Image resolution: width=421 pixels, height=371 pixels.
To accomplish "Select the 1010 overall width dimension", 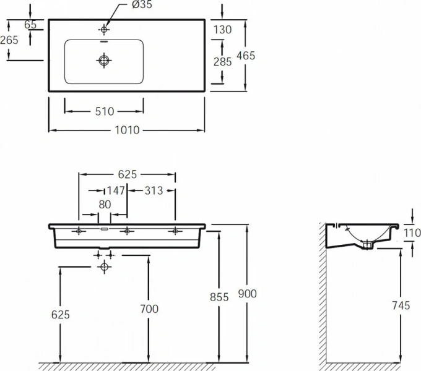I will [126, 130].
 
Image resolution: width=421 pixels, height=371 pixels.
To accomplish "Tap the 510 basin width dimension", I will [105, 111].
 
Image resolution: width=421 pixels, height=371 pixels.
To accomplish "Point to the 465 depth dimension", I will [246, 56].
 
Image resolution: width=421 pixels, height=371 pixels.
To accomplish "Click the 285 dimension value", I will [222, 61].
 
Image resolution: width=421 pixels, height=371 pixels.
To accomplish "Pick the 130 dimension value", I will [222, 29].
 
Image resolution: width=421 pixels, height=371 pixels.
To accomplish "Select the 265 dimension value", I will [9, 40].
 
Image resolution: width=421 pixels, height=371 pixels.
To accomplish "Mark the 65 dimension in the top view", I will [30, 25].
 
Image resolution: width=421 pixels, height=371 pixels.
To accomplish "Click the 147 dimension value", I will [116, 190].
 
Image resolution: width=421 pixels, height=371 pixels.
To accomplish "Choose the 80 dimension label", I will [105, 203].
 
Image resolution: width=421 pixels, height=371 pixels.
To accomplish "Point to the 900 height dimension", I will [246, 294].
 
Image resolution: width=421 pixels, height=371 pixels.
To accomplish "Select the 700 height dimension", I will [149, 309].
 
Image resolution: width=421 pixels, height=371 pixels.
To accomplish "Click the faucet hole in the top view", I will [104, 29].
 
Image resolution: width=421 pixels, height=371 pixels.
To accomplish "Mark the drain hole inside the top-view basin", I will [104, 60].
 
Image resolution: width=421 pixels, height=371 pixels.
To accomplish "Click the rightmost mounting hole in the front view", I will [175, 231].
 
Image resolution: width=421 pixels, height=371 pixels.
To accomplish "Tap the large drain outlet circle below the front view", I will [104, 267].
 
